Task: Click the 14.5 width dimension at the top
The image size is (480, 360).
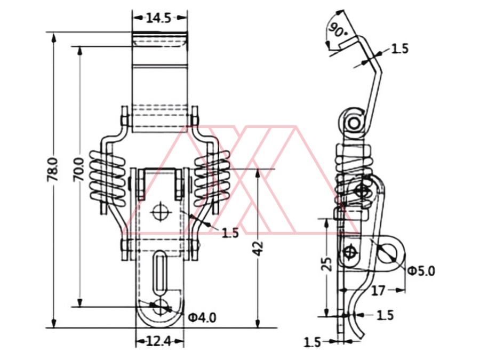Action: coord(158,18)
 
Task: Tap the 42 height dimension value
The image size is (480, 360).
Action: coord(259,248)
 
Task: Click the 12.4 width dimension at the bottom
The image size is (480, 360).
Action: coord(158,341)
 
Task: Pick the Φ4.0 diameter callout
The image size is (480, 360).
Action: coord(202,318)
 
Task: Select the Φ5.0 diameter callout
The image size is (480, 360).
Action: coord(421,271)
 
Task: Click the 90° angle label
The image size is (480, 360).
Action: coord(337,30)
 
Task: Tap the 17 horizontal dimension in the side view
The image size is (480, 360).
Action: coord(378,291)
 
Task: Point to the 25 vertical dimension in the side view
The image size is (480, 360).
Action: coord(327,264)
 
